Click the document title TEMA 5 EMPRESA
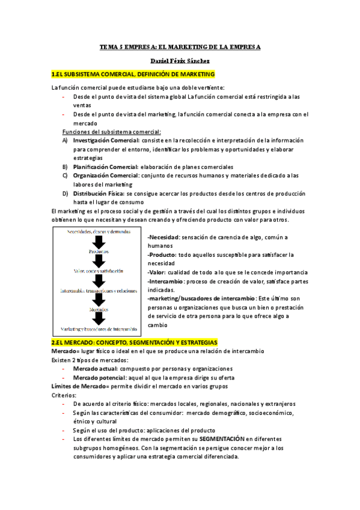tap(180, 46)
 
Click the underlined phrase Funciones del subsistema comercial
tap(112, 132)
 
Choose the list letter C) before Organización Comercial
tap(65, 176)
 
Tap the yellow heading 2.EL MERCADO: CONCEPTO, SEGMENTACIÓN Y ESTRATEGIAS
tap(134, 342)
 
